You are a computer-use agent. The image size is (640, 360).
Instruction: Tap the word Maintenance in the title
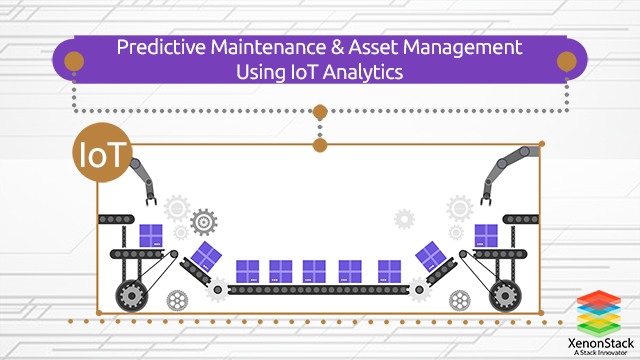coord(260,46)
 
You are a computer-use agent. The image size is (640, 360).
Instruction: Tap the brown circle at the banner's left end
coord(73,61)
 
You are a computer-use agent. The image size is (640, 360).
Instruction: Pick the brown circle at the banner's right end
coord(566,61)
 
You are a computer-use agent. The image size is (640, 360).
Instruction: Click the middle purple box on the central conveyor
coord(314,271)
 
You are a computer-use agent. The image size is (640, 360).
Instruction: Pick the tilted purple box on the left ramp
coord(207,255)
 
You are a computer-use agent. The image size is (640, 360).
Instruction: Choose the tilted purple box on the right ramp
coord(430,255)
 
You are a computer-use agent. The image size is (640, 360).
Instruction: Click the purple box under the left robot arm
coord(151,236)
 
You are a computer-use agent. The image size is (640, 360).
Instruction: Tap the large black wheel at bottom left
coord(133,296)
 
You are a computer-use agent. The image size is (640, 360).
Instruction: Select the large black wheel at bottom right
coord(504,296)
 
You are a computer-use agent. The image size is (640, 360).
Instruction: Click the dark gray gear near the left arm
coord(204,219)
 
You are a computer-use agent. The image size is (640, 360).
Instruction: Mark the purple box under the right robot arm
coord(485,236)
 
